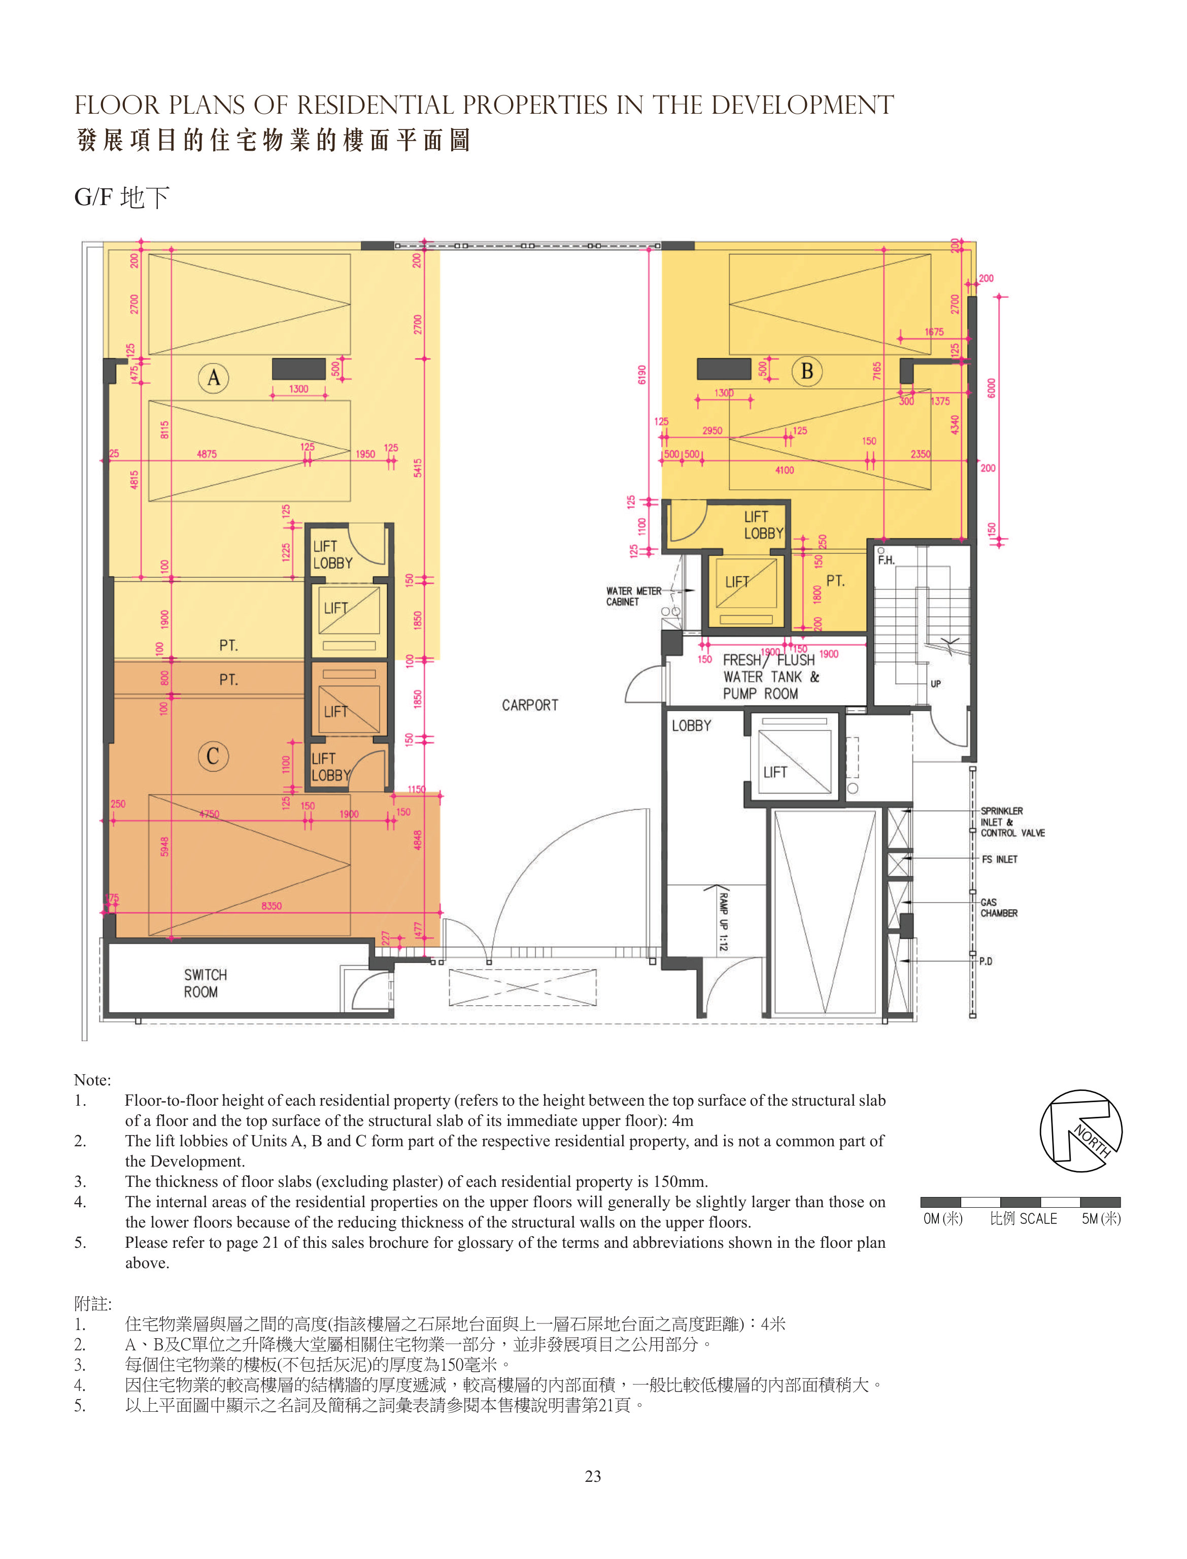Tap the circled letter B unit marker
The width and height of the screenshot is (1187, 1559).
[807, 371]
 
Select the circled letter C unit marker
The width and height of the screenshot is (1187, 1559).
[213, 756]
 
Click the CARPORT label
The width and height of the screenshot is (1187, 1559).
[530, 705]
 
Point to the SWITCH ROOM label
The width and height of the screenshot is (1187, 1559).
[206, 983]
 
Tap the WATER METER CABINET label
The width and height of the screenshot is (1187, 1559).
[634, 596]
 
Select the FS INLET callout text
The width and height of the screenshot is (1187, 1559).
[1000, 859]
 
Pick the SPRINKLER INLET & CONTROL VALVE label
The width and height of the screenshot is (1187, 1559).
[1012, 822]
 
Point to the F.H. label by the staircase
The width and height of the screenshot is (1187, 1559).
[886, 560]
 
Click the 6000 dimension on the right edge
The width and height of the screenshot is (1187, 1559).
[991, 388]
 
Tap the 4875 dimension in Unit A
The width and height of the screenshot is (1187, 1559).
[207, 454]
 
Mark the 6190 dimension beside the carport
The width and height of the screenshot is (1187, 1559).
[641, 375]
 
